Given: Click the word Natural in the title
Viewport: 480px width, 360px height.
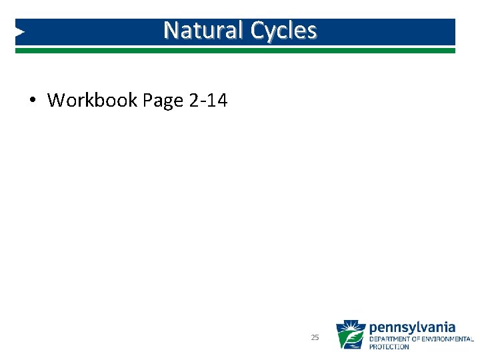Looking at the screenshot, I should point(204,31).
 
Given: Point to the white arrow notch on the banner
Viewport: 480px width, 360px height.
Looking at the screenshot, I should point(20,31).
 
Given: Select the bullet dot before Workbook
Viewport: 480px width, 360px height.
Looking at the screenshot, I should point(32,101).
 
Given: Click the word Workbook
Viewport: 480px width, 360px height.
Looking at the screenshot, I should point(92,101).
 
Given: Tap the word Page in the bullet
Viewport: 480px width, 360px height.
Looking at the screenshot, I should point(163,101).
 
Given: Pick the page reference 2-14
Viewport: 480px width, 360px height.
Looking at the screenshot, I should point(208,101).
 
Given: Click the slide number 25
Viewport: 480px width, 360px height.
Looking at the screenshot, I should point(315,338).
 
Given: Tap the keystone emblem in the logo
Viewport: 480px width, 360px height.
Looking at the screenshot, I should point(350,335).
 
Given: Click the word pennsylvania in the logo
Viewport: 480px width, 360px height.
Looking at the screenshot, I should point(412,327).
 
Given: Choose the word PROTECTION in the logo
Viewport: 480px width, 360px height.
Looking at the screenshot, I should point(389,347).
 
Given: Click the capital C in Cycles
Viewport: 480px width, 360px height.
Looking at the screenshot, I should point(257,31).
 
